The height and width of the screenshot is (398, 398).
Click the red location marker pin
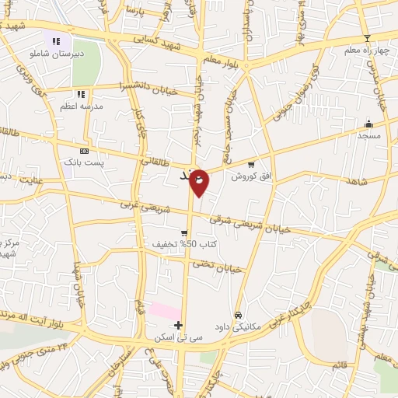coord(199,181)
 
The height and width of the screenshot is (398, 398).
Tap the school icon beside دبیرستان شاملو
coord(55,41)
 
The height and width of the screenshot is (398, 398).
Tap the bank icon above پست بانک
coord(84,152)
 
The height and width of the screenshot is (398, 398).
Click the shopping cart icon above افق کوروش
coord(250,164)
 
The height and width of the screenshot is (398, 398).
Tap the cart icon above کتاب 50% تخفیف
coord(184,232)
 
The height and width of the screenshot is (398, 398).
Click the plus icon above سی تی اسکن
coord(179,325)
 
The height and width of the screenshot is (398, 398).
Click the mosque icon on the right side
coord(368,124)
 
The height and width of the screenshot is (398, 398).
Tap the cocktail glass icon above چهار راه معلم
coord(367,38)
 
